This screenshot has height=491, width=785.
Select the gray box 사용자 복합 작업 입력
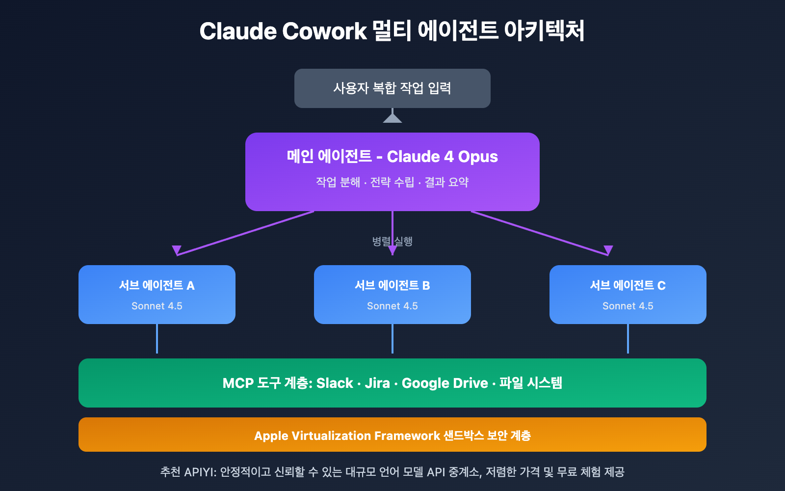(392, 88)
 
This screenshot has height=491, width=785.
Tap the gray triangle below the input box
(392, 118)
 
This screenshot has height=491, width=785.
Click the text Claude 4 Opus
(442, 157)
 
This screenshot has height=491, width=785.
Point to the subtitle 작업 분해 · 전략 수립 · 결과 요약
(392, 182)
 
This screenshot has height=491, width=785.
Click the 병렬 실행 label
(392, 241)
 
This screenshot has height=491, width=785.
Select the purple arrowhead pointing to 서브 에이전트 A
(177, 250)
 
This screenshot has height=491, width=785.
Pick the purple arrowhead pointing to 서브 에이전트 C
(608, 250)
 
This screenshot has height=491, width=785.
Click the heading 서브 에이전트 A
(157, 285)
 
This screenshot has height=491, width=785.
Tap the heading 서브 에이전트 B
(392, 285)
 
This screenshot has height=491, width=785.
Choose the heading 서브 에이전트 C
(628, 285)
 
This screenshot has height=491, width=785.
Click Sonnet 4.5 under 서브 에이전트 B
(392, 306)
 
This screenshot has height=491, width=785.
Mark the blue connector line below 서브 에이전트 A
(157, 339)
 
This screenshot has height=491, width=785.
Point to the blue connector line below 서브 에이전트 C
(628, 339)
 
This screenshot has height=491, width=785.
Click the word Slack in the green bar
(335, 383)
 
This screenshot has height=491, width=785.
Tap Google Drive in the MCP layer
(445, 383)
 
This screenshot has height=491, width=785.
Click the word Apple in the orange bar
(271, 436)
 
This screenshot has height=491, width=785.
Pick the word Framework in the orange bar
(407, 436)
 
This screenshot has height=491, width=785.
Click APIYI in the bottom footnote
(200, 472)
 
